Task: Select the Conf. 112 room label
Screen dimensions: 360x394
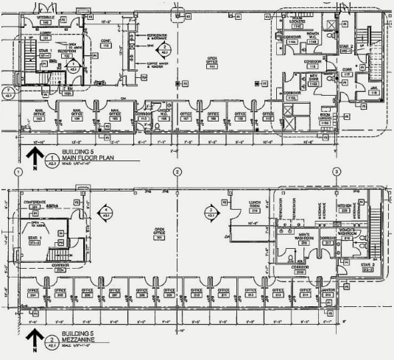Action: (x=105, y=43)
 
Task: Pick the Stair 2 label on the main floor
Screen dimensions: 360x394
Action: (x=346, y=48)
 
